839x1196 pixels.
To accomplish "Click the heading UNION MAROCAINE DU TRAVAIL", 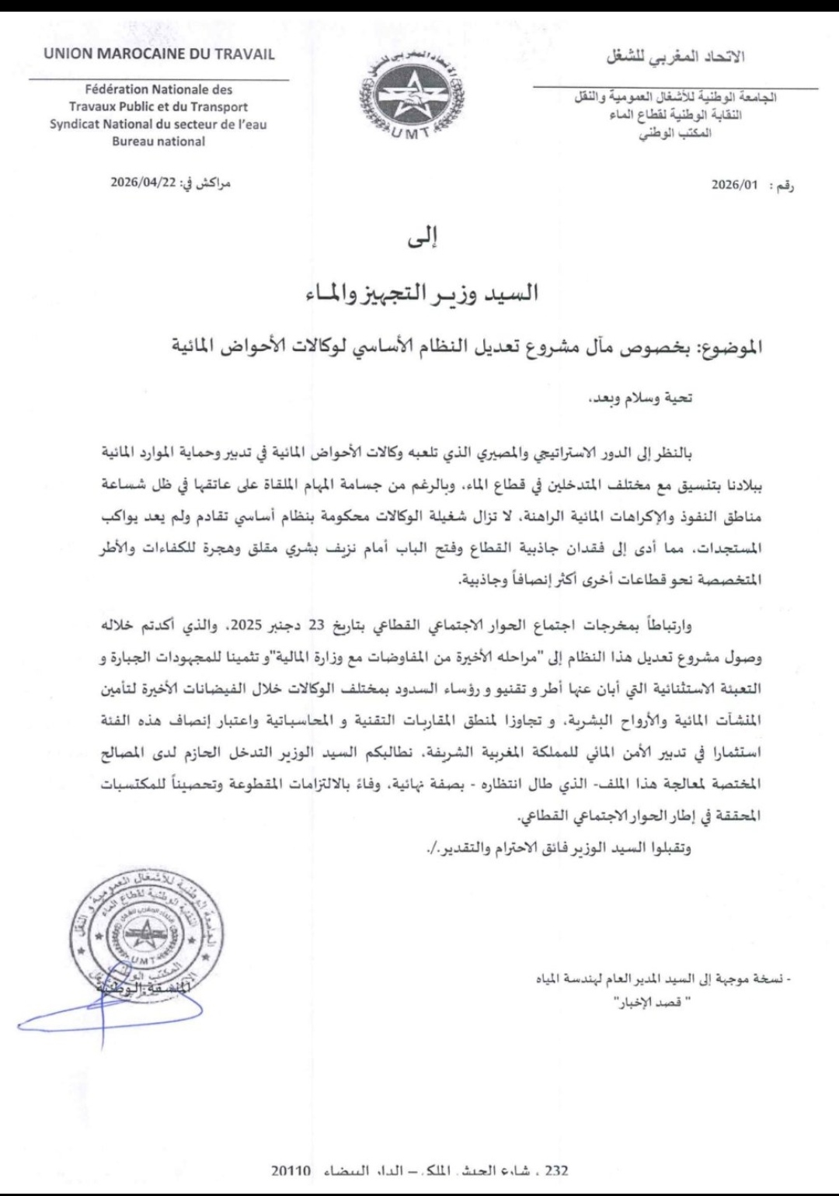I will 159,54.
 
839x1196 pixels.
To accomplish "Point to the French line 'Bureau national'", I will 158,141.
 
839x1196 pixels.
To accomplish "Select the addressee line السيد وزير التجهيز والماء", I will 423,294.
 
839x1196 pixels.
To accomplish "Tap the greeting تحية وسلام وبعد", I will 639,398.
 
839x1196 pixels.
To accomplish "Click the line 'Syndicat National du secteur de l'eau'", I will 158,124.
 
